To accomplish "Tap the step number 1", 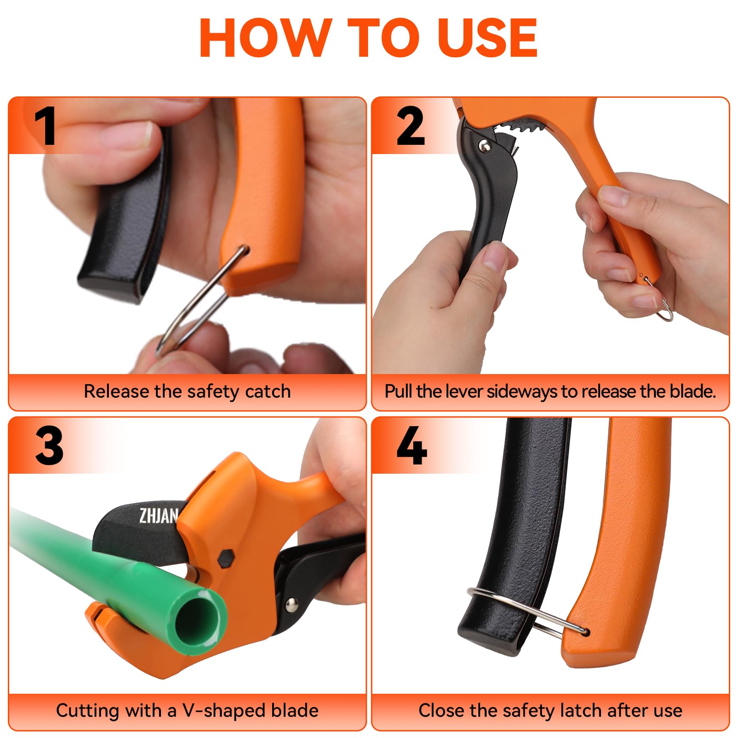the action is (x=45, y=125).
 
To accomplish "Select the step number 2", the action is (x=410, y=125).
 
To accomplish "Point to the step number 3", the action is (x=49, y=445).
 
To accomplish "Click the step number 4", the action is (x=411, y=445).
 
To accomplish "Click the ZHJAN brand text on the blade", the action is (x=158, y=516).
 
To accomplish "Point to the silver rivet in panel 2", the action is (x=484, y=146).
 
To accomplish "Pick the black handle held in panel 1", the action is (x=125, y=217).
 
